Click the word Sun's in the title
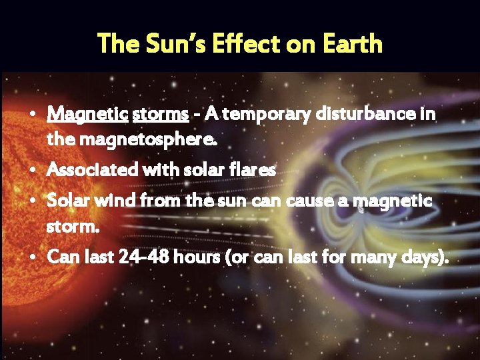pos(169,44)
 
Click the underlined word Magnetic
pos(87,114)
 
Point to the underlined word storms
pos(160,114)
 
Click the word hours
pos(195,257)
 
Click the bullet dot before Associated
pos(36,171)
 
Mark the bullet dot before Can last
pos(36,257)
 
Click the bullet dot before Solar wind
pos(36,201)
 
